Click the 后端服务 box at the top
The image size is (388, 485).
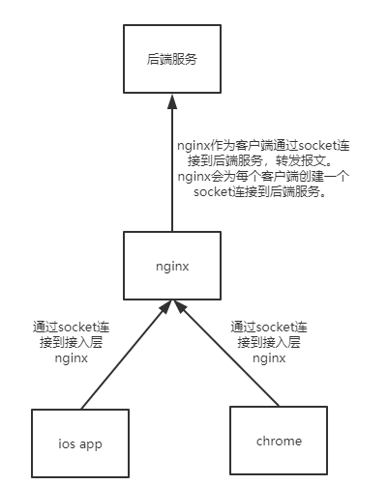(x=171, y=59)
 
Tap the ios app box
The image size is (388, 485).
(x=79, y=443)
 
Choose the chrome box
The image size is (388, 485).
(x=279, y=441)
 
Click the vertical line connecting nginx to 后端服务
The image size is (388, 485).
(x=171, y=174)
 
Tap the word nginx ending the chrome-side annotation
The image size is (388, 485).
(x=268, y=357)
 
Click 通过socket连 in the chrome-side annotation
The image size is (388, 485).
(x=268, y=326)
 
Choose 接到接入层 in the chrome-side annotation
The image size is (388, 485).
(x=268, y=342)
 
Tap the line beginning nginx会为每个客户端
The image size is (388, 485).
(x=263, y=176)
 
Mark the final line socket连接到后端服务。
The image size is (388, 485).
(x=263, y=192)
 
